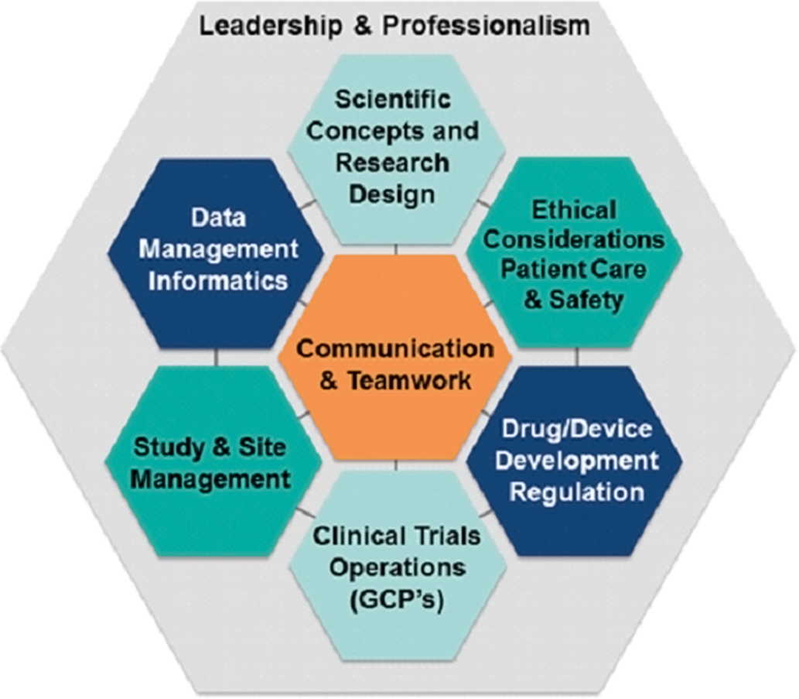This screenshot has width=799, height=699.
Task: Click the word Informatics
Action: (x=217, y=281)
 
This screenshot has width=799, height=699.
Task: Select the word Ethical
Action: (x=574, y=210)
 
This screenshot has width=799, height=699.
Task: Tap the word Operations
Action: (x=398, y=567)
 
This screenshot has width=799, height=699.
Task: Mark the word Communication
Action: (x=395, y=349)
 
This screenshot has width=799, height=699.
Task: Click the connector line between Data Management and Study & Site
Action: (x=216, y=357)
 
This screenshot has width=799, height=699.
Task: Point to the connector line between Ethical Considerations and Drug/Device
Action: (x=577, y=357)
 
